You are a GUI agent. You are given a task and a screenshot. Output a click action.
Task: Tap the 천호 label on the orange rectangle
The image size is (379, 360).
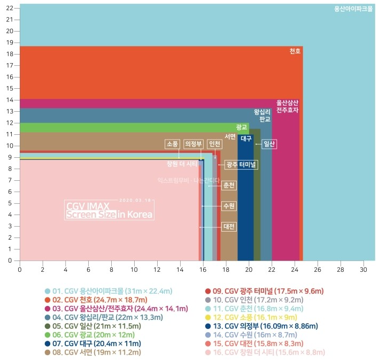click(x=295, y=51)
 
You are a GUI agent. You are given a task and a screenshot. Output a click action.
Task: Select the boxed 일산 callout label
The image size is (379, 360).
click(x=269, y=144)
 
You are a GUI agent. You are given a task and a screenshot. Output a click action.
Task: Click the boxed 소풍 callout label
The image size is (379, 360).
click(x=172, y=144)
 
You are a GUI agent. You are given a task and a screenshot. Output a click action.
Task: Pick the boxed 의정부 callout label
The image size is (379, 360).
click(x=194, y=144)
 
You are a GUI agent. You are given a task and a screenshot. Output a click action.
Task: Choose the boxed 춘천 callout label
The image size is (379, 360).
click(x=229, y=185)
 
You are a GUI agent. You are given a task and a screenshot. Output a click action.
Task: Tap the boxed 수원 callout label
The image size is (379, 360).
click(x=229, y=206)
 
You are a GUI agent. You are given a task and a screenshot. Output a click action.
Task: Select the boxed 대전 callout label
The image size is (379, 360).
click(x=229, y=227)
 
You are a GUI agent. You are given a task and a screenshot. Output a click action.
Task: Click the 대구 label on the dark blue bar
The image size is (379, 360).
click(x=246, y=139)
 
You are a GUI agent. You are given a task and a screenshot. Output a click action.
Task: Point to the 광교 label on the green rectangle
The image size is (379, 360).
click(x=242, y=127)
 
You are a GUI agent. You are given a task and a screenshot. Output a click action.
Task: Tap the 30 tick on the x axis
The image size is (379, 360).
click(x=363, y=269)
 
